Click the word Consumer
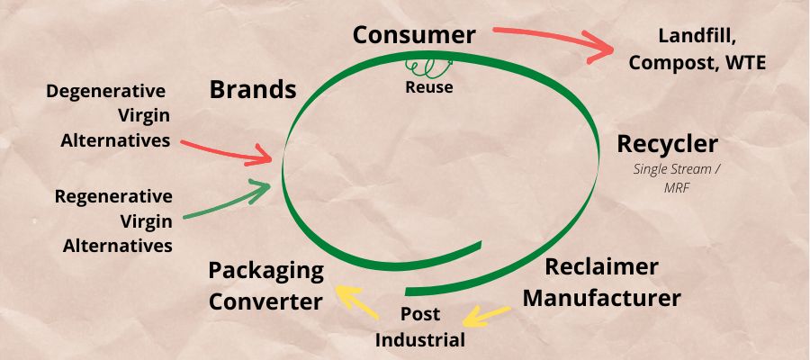coord(413,35)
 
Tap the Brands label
coord(253,89)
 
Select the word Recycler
coord(667,144)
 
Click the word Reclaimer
coord(602,267)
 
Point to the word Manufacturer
coord(601,297)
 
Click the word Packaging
coord(265,270)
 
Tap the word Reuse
coord(428,87)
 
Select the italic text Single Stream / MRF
coord(667,177)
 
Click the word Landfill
coord(697,37)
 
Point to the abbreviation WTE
coord(742,63)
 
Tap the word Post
coord(420,314)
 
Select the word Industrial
coord(420,339)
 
